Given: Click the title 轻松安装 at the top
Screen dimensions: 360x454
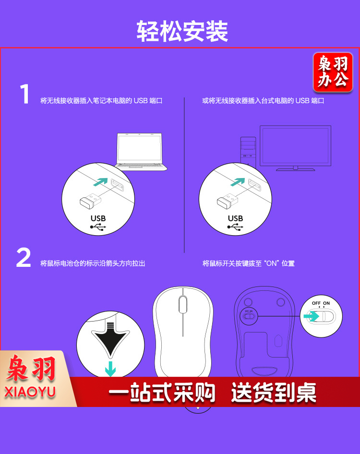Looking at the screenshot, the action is [x=182, y=31].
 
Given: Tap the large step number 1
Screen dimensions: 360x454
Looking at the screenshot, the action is [x=25, y=94].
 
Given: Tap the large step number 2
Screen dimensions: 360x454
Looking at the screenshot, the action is [x=24, y=257].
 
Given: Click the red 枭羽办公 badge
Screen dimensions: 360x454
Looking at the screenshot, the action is [x=333, y=72].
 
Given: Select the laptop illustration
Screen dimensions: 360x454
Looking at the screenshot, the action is [x=141, y=152].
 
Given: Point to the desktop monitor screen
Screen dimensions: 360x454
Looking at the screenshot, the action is [x=295, y=145].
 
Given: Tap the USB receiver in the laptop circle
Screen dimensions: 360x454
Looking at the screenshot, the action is [x=90, y=200].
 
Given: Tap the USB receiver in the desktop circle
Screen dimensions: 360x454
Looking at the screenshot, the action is [x=228, y=200].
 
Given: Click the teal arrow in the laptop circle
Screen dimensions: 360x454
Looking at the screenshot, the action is [x=100, y=182].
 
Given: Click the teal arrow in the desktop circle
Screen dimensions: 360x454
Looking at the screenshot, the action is [x=238, y=182].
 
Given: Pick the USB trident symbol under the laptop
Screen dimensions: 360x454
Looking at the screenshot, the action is [x=98, y=227].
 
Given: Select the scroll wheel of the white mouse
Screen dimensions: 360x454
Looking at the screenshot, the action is [x=183, y=304].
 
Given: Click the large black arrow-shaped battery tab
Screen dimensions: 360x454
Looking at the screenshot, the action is [x=110, y=339].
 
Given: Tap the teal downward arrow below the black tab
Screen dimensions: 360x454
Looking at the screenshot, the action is [x=110, y=369].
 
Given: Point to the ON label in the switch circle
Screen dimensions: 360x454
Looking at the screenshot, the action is [x=326, y=303].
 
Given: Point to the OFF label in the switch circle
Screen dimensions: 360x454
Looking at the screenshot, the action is [x=316, y=303].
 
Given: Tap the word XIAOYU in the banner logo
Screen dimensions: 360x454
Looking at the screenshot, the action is [x=30, y=392].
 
